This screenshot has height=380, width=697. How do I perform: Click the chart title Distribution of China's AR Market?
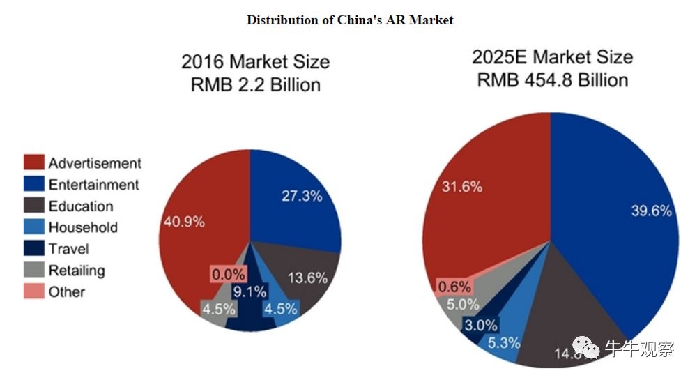[x=349, y=20]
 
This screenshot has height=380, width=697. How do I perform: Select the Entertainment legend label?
[x=93, y=185]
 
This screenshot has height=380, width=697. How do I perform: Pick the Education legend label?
[x=80, y=206]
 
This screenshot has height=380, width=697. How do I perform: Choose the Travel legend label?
[x=68, y=249]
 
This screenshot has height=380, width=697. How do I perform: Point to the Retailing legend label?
[x=76, y=271]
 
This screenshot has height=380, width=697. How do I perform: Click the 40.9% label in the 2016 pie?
[x=184, y=222]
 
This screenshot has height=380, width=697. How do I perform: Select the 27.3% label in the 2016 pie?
[x=301, y=196]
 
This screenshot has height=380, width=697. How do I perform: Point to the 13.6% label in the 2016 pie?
[x=307, y=278]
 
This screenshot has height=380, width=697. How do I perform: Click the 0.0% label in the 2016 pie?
[x=229, y=275]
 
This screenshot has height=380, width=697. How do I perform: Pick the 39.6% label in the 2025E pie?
[x=649, y=211]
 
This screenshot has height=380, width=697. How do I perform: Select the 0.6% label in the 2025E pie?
[x=454, y=286]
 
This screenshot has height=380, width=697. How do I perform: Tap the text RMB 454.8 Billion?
[x=552, y=79]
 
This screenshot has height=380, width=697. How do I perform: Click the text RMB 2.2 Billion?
[x=256, y=84]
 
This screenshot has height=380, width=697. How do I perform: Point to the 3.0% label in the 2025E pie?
[x=481, y=325]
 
